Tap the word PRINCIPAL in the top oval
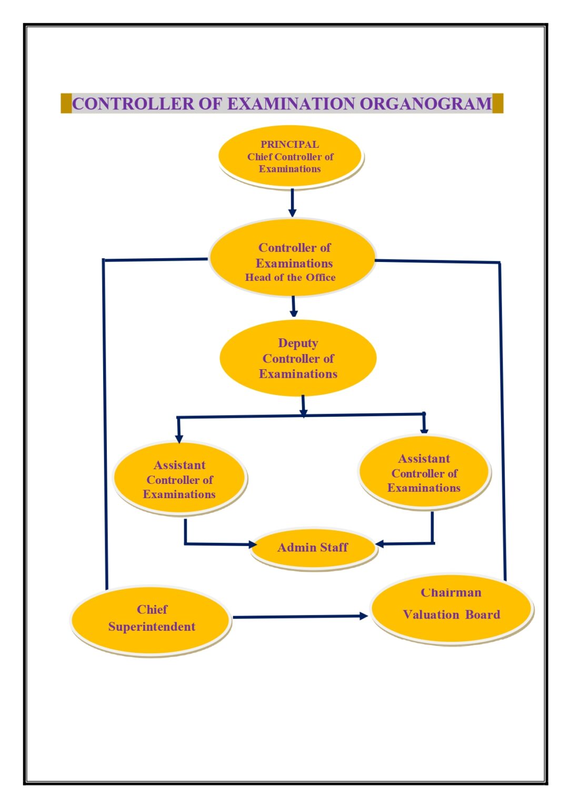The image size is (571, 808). pyautogui.click(x=289, y=144)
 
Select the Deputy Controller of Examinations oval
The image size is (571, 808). pyautogui.click(x=298, y=358)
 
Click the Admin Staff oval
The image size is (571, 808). pyautogui.click(x=314, y=548)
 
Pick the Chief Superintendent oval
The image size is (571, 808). pyautogui.click(x=151, y=619)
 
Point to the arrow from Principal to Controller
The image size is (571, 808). pyautogui.click(x=292, y=202)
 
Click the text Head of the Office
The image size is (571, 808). pyautogui.click(x=290, y=278)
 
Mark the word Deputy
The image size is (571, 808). pyautogui.click(x=298, y=344)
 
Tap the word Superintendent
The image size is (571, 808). pyautogui.click(x=152, y=627)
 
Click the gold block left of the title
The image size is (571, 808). pyautogui.click(x=66, y=103)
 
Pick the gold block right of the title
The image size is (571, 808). pyautogui.click(x=498, y=103)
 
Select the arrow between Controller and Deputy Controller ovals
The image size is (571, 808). pyautogui.click(x=294, y=307)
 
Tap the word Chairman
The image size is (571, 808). pyautogui.click(x=451, y=593)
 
